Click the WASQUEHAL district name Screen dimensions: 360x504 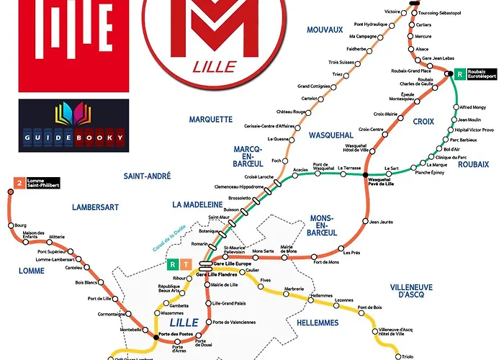pyautogui.click(x=330, y=135)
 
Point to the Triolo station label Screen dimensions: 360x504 pyautogui.click(x=408, y=356)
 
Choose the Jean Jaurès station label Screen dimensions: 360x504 pyautogui.click(x=381, y=222)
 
